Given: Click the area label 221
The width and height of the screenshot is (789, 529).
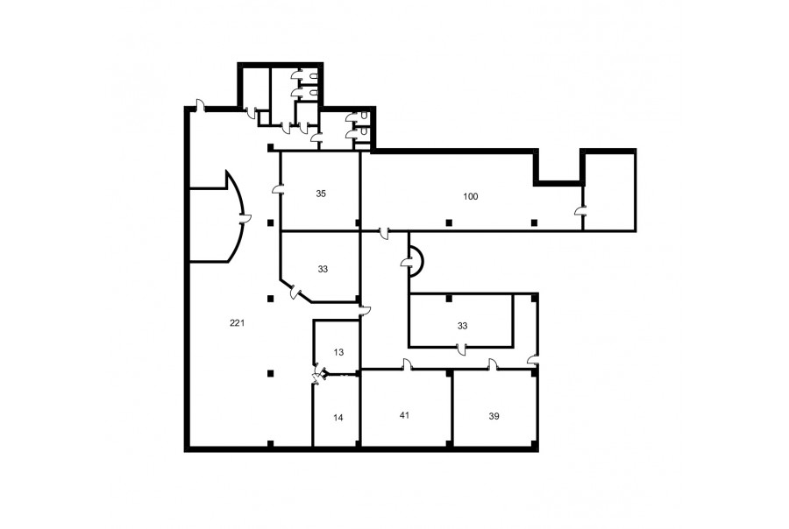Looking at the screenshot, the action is tap(237, 323).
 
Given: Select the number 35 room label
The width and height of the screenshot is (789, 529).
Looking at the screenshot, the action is tap(321, 194).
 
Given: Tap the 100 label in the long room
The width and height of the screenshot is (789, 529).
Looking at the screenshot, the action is tap(471, 196).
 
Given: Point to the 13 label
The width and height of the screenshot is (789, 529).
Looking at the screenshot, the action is tap(338, 352).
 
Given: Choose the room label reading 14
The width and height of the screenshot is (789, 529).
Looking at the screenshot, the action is tap(338, 418).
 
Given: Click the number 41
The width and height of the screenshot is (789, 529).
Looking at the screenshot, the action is tap(404, 415).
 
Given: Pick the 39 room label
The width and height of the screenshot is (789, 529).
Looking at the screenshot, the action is tap(494, 416).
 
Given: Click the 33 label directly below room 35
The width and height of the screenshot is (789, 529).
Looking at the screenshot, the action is tap(323, 269).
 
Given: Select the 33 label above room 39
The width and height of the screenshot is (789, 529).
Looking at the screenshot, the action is tap(462, 326).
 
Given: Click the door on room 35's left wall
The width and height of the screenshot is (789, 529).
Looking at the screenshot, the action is tap(277, 189).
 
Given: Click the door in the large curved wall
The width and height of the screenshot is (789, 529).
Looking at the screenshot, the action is tap(245, 218).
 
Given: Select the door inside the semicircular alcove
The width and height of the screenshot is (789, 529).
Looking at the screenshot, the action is tap(407, 262).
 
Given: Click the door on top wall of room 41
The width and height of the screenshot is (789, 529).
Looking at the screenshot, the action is tap(407, 364).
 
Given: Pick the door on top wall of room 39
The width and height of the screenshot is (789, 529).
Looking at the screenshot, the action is tap(492, 364).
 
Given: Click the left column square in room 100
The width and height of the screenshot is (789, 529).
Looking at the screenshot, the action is tap(449, 222).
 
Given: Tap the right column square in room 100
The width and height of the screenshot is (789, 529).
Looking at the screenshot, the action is tap(535, 222).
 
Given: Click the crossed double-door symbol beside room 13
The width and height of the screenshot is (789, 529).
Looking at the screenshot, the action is tap(317, 376).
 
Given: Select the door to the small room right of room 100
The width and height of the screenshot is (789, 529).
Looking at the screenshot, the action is tap(579, 211).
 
